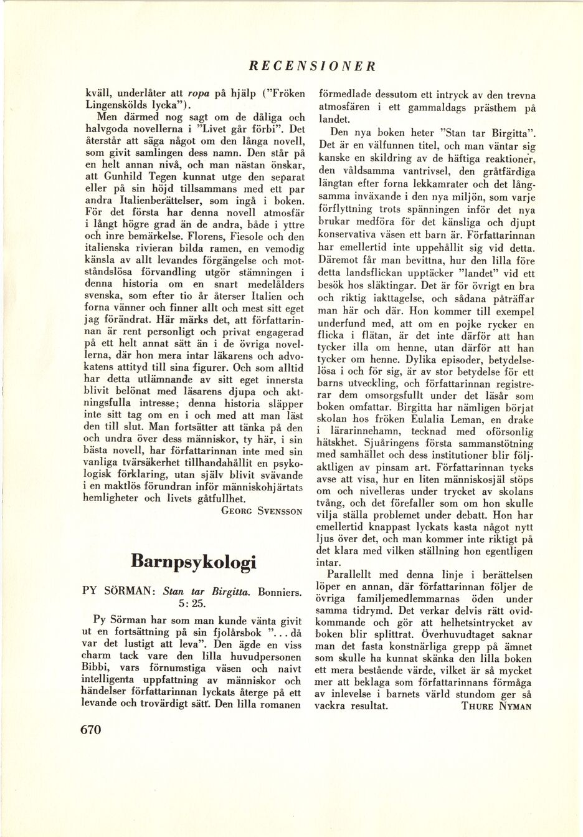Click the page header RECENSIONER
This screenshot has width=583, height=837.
pyautogui.click(x=311, y=65)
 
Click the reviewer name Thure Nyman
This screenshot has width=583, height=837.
pyautogui.click(x=499, y=706)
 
